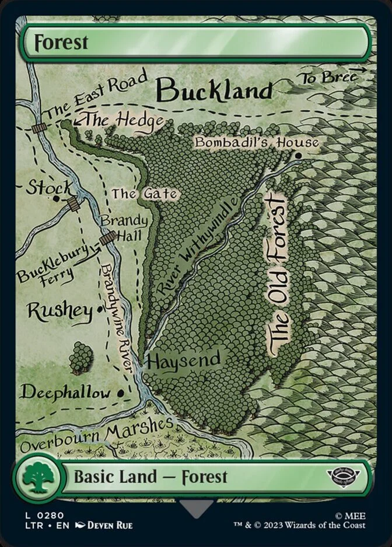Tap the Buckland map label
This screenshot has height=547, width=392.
215,90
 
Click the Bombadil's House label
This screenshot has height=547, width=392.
257,142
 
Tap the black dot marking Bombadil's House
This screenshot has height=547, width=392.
298,156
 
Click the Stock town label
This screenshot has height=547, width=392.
50,188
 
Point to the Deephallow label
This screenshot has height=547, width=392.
65,392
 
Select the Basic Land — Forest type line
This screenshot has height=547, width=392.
150,477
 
